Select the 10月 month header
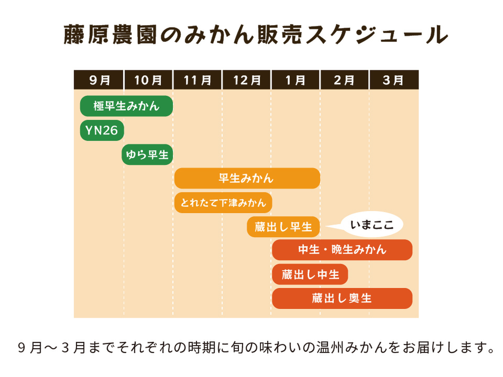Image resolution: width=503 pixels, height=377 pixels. point(148,80)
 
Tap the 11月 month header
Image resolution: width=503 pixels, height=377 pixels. point(197,80)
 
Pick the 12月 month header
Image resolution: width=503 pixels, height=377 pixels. point(247,80)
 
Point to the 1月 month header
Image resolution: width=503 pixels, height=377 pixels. point(296,80)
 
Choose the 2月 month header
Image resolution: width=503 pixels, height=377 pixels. point(344,80)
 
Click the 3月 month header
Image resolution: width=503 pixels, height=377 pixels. point(394,80)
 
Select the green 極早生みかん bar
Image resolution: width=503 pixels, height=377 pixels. point(126,106)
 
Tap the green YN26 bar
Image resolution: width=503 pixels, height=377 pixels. point(102,130)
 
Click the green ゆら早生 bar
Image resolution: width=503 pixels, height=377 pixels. point(147,155)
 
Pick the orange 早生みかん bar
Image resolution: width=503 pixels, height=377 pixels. point(247,178)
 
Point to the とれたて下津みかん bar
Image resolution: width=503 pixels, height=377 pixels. point(223,202)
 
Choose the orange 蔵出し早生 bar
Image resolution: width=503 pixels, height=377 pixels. point(283,227)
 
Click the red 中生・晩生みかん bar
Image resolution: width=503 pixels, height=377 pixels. point(342,250)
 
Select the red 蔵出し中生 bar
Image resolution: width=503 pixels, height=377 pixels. point(310,274)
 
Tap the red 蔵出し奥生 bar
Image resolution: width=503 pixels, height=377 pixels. point(342,298)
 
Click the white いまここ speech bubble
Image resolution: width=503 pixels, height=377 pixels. point(372,224)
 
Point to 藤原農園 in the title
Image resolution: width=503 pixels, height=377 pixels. point(110,35)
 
